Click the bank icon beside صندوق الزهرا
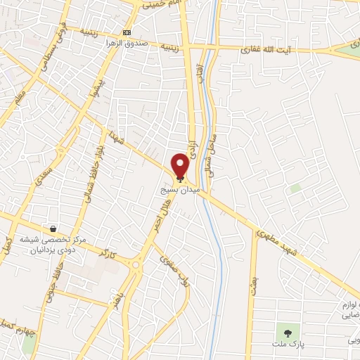(127, 33)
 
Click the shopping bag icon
(53, 229)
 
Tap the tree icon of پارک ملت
(287, 331)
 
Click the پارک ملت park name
(287, 345)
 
